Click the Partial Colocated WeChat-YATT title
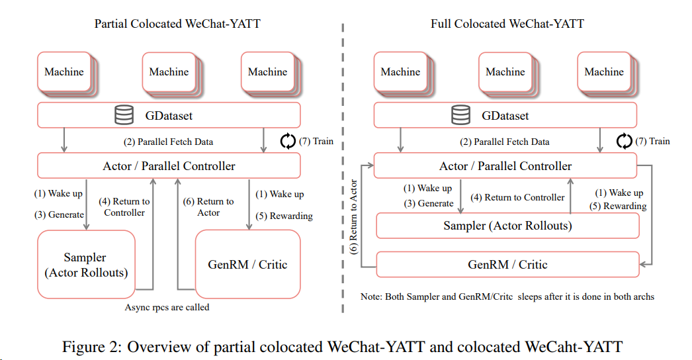pos(177,24)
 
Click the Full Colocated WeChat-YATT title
pos(507,24)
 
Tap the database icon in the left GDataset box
pos(123,115)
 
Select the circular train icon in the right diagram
pos(624,141)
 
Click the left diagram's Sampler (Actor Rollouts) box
pos(85,265)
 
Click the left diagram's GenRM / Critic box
pos(248,265)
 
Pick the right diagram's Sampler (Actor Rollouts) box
pos(507,226)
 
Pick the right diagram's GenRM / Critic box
pos(507,264)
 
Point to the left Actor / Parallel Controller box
pos(169,165)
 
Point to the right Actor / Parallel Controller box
pos(505,165)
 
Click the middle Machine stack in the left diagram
pos(169,72)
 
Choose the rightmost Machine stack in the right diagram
pos(604,72)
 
